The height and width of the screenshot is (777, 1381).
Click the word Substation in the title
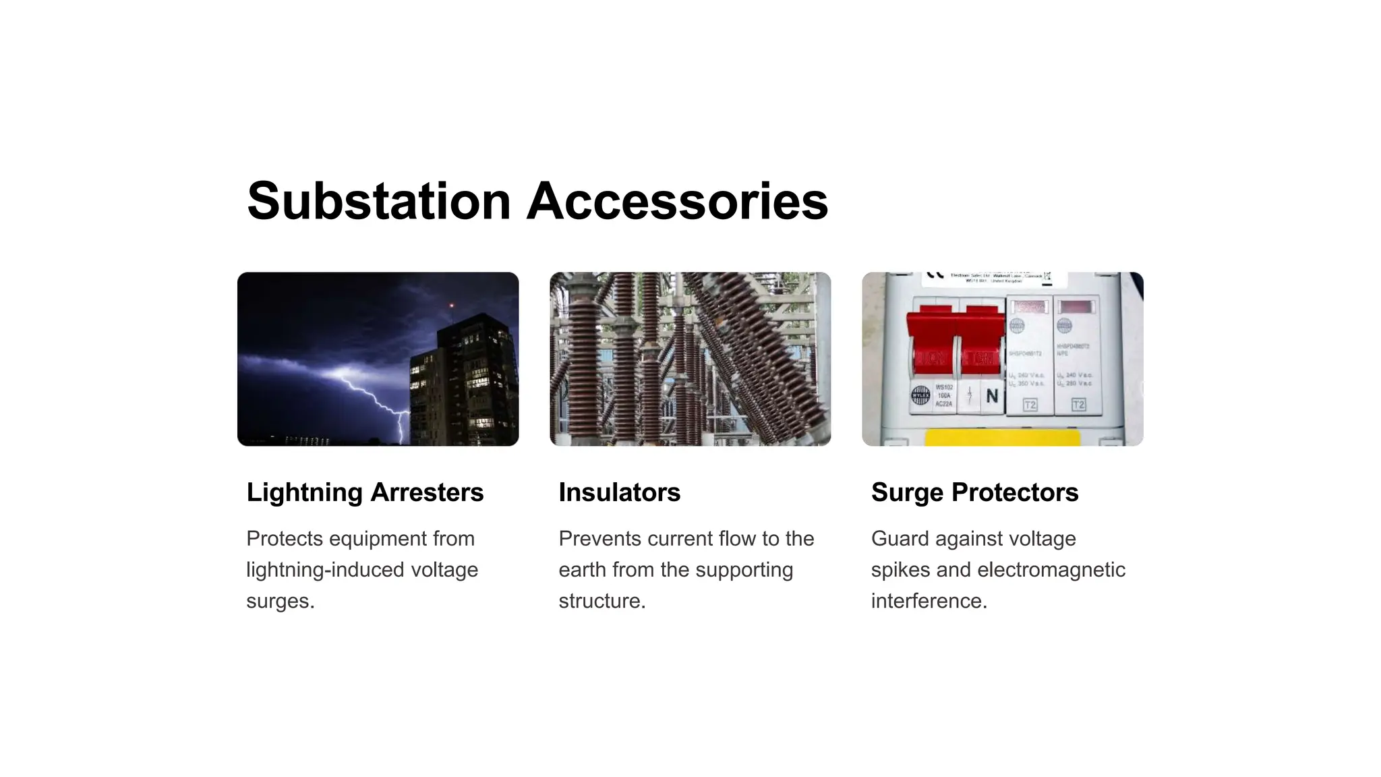click(x=379, y=201)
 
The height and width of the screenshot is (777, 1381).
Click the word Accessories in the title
click(x=676, y=201)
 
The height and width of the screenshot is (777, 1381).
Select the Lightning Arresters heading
click(x=365, y=492)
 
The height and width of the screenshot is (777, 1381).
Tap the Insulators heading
click(x=619, y=492)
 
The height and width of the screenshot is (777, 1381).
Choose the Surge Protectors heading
click(x=974, y=492)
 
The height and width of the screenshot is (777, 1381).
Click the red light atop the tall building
click(x=451, y=306)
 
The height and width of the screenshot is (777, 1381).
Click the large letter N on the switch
click(x=992, y=395)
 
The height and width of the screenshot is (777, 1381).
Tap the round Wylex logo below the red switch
click(x=920, y=395)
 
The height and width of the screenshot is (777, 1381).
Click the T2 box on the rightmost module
click(x=1078, y=405)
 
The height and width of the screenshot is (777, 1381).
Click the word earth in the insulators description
click(x=583, y=570)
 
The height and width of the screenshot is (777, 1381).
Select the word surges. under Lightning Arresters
click(x=281, y=601)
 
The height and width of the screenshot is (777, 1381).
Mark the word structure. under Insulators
click(x=602, y=601)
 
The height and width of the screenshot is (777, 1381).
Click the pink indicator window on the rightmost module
click(x=1078, y=308)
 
